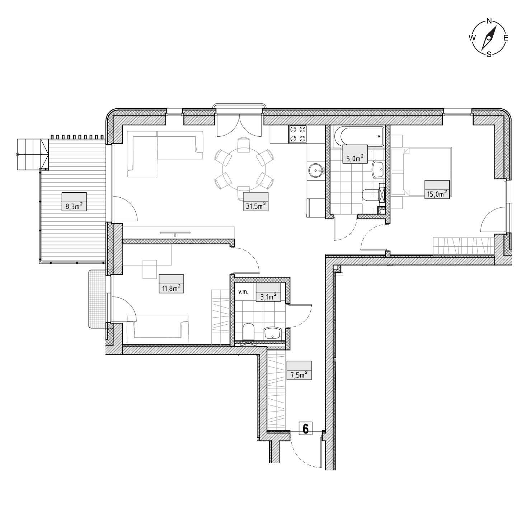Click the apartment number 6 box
[305, 428]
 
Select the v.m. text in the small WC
[243, 292]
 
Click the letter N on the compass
[489, 21]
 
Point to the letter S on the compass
[489, 55]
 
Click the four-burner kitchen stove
[297, 134]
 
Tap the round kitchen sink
[316, 171]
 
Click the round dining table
[244, 169]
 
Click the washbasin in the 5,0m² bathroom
[378, 170]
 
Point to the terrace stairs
[33, 155]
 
